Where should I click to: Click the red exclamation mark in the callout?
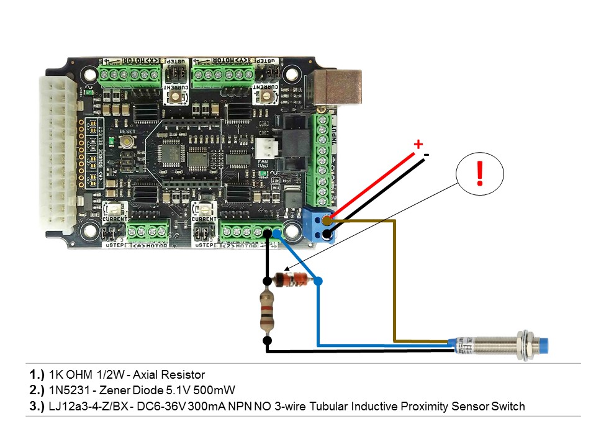point(479,173)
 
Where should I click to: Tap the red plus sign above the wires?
point(418,145)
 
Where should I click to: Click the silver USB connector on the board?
point(338,86)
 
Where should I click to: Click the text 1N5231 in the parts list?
point(66,391)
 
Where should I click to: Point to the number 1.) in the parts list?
point(37,374)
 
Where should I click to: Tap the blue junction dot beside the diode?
point(318,281)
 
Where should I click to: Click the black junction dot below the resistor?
point(267,340)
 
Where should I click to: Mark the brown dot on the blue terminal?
point(327,219)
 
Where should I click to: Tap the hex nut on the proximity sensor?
point(527,345)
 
